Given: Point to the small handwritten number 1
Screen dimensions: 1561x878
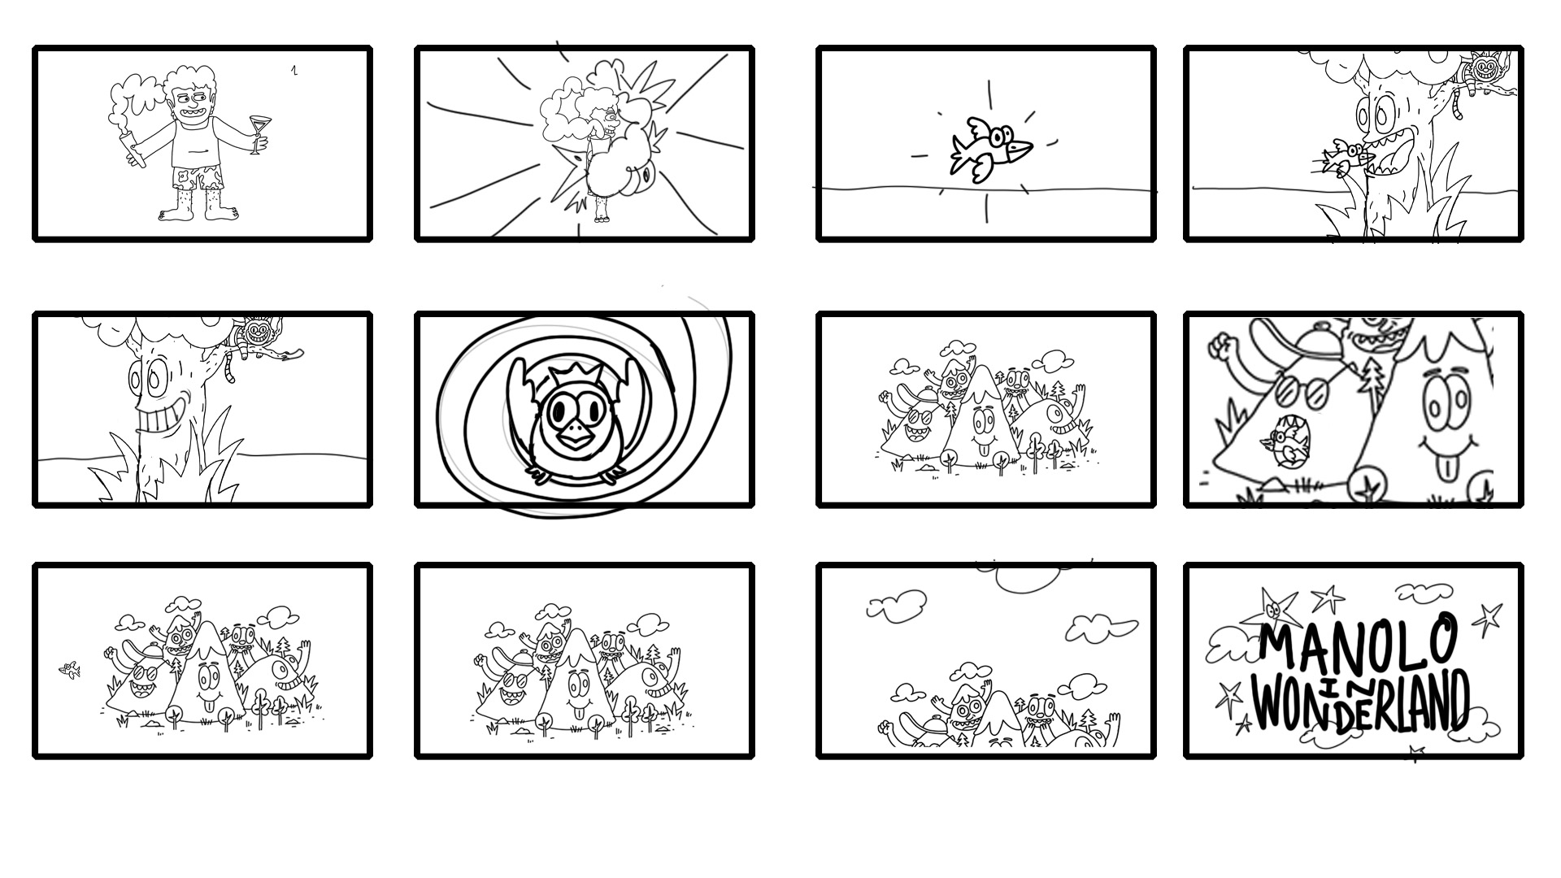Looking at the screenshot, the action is (x=294, y=70).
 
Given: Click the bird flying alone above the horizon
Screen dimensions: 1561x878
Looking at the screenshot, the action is (x=991, y=149).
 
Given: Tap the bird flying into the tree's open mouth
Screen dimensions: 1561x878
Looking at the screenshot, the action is (x=1342, y=156).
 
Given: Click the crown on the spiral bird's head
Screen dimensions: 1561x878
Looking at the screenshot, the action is (x=568, y=377).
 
